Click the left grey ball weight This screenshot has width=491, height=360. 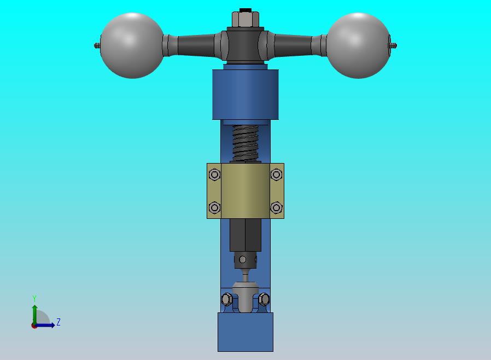(132, 45)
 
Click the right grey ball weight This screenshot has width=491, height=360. (358, 45)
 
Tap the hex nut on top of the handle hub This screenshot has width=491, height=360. (245, 19)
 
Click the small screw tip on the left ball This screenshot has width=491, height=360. (97, 46)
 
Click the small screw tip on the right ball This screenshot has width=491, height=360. (394, 46)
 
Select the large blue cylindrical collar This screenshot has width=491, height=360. (245, 94)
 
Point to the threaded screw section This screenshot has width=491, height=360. (245, 143)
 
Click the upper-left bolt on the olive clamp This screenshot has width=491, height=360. (214, 175)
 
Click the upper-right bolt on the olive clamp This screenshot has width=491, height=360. (277, 175)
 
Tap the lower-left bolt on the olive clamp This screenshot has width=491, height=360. (214, 207)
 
